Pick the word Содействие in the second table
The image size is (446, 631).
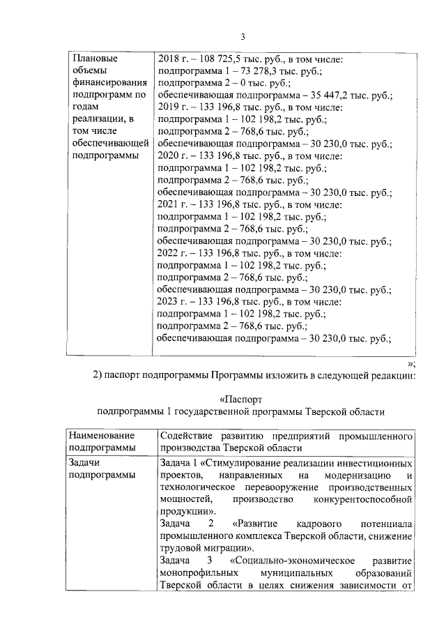point(185,436)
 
